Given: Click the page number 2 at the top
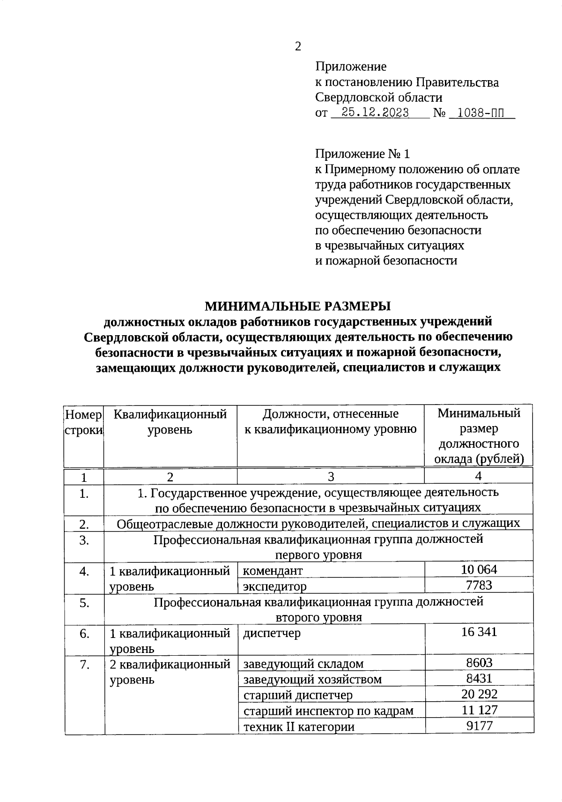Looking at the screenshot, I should pyautogui.click(x=298, y=46).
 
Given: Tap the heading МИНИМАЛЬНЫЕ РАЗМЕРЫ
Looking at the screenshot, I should pyautogui.click(x=297, y=306).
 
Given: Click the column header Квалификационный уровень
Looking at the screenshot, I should pyautogui.click(x=170, y=421).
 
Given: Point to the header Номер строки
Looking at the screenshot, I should pyautogui.click(x=83, y=421).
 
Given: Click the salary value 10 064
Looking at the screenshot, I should pyautogui.click(x=479, y=570).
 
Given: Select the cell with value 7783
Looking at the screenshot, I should pyautogui.click(x=479, y=585).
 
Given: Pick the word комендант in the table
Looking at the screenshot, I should pyautogui.click(x=273, y=570).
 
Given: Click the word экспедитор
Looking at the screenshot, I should pyautogui.click(x=275, y=586).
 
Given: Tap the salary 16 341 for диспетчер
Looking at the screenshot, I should pyautogui.click(x=479, y=632).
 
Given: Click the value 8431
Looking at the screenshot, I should pyautogui.click(x=479, y=678).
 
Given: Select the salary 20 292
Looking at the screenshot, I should pyautogui.click(x=479, y=694).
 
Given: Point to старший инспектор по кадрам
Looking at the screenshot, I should pyautogui.click(x=328, y=711).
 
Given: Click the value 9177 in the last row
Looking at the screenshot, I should pyautogui.click(x=479, y=726).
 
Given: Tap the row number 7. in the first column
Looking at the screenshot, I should pyautogui.click(x=84, y=664).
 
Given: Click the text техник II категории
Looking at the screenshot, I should pyautogui.click(x=299, y=727).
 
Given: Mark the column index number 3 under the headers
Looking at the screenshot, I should pyautogui.click(x=331, y=477).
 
